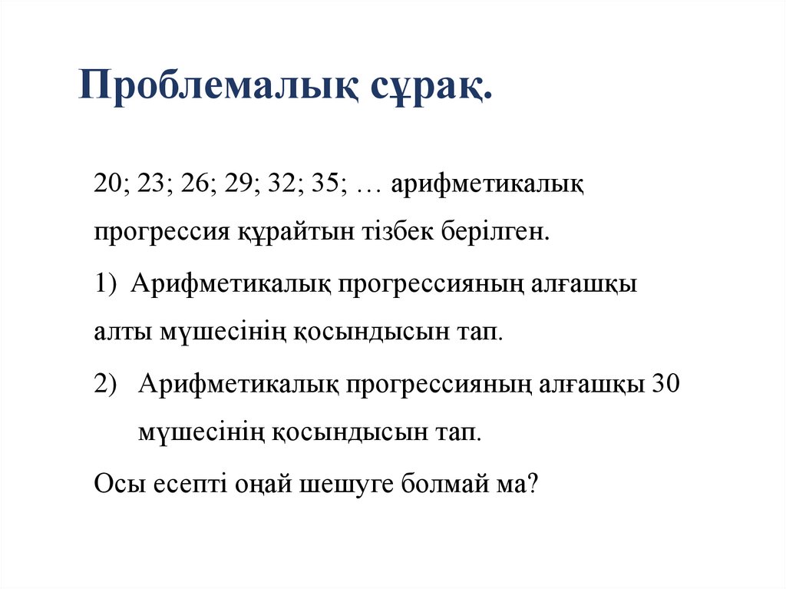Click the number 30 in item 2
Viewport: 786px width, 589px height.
point(665,383)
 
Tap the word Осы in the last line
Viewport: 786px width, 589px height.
point(117,485)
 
